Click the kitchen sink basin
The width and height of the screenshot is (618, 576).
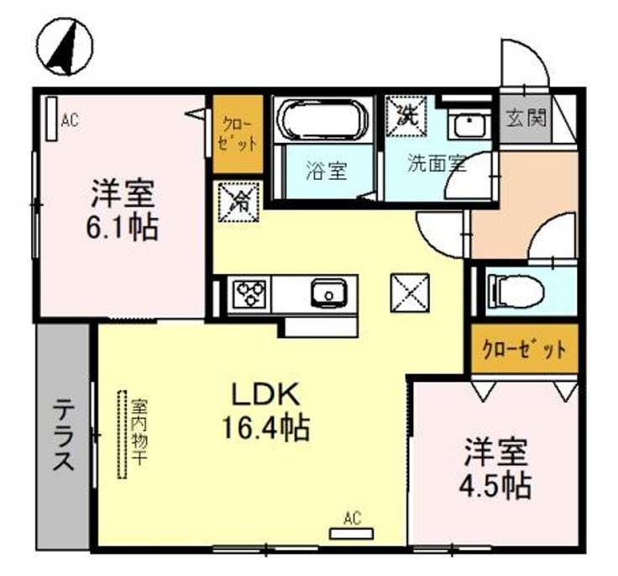pos(327,294)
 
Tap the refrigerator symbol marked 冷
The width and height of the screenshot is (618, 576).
pos(238,201)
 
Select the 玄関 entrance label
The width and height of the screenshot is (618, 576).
pos(526,118)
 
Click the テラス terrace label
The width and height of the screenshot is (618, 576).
pos(63,437)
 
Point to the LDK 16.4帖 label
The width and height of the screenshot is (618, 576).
pos(266,412)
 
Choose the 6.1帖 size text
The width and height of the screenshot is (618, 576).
pos(123,228)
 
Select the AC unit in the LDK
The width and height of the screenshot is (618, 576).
pos(350,533)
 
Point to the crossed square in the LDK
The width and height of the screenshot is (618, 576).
pos(410,293)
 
